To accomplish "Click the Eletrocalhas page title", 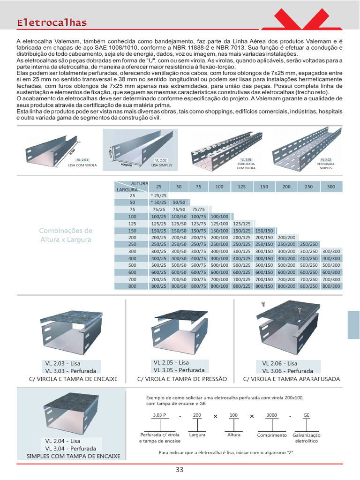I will tap(52, 22).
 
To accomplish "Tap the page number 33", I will tap(180, 470).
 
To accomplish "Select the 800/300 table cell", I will tap(331, 286).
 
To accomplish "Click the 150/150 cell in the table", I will tap(264, 231).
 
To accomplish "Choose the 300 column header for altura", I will tap(331, 187).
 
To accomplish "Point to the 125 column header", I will tap(241, 187).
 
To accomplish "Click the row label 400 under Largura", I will tap(132, 258).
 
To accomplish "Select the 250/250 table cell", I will tap(308, 244).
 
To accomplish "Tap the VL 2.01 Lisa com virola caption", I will tap(82, 163).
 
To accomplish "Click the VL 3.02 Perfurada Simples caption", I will tap(326, 164).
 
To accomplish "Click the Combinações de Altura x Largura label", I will tap(66, 235).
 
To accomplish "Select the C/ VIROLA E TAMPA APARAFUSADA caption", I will tap(292, 379).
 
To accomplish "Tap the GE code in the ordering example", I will tap(307, 415).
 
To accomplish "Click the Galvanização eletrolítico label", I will tap(307, 438).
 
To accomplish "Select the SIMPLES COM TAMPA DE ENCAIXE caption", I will tap(73, 456).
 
